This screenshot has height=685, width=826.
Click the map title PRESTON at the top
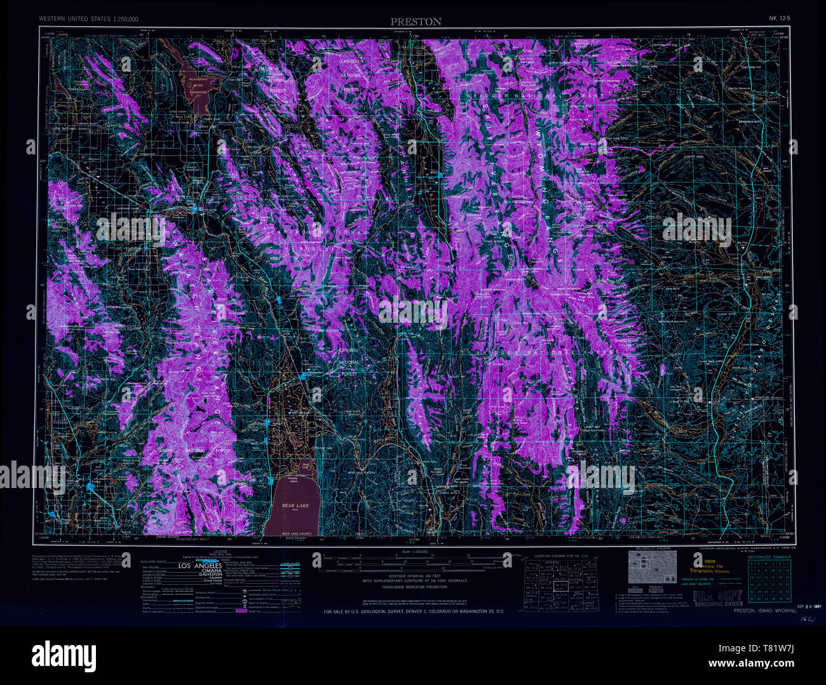(x=416, y=22)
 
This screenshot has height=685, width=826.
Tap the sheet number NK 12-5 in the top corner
(x=779, y=19)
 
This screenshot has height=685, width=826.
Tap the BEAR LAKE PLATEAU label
(x=363, y=473)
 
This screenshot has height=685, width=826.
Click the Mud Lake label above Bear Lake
(x=306, y=466)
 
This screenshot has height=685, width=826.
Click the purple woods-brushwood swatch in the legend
(x=241, y=611)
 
